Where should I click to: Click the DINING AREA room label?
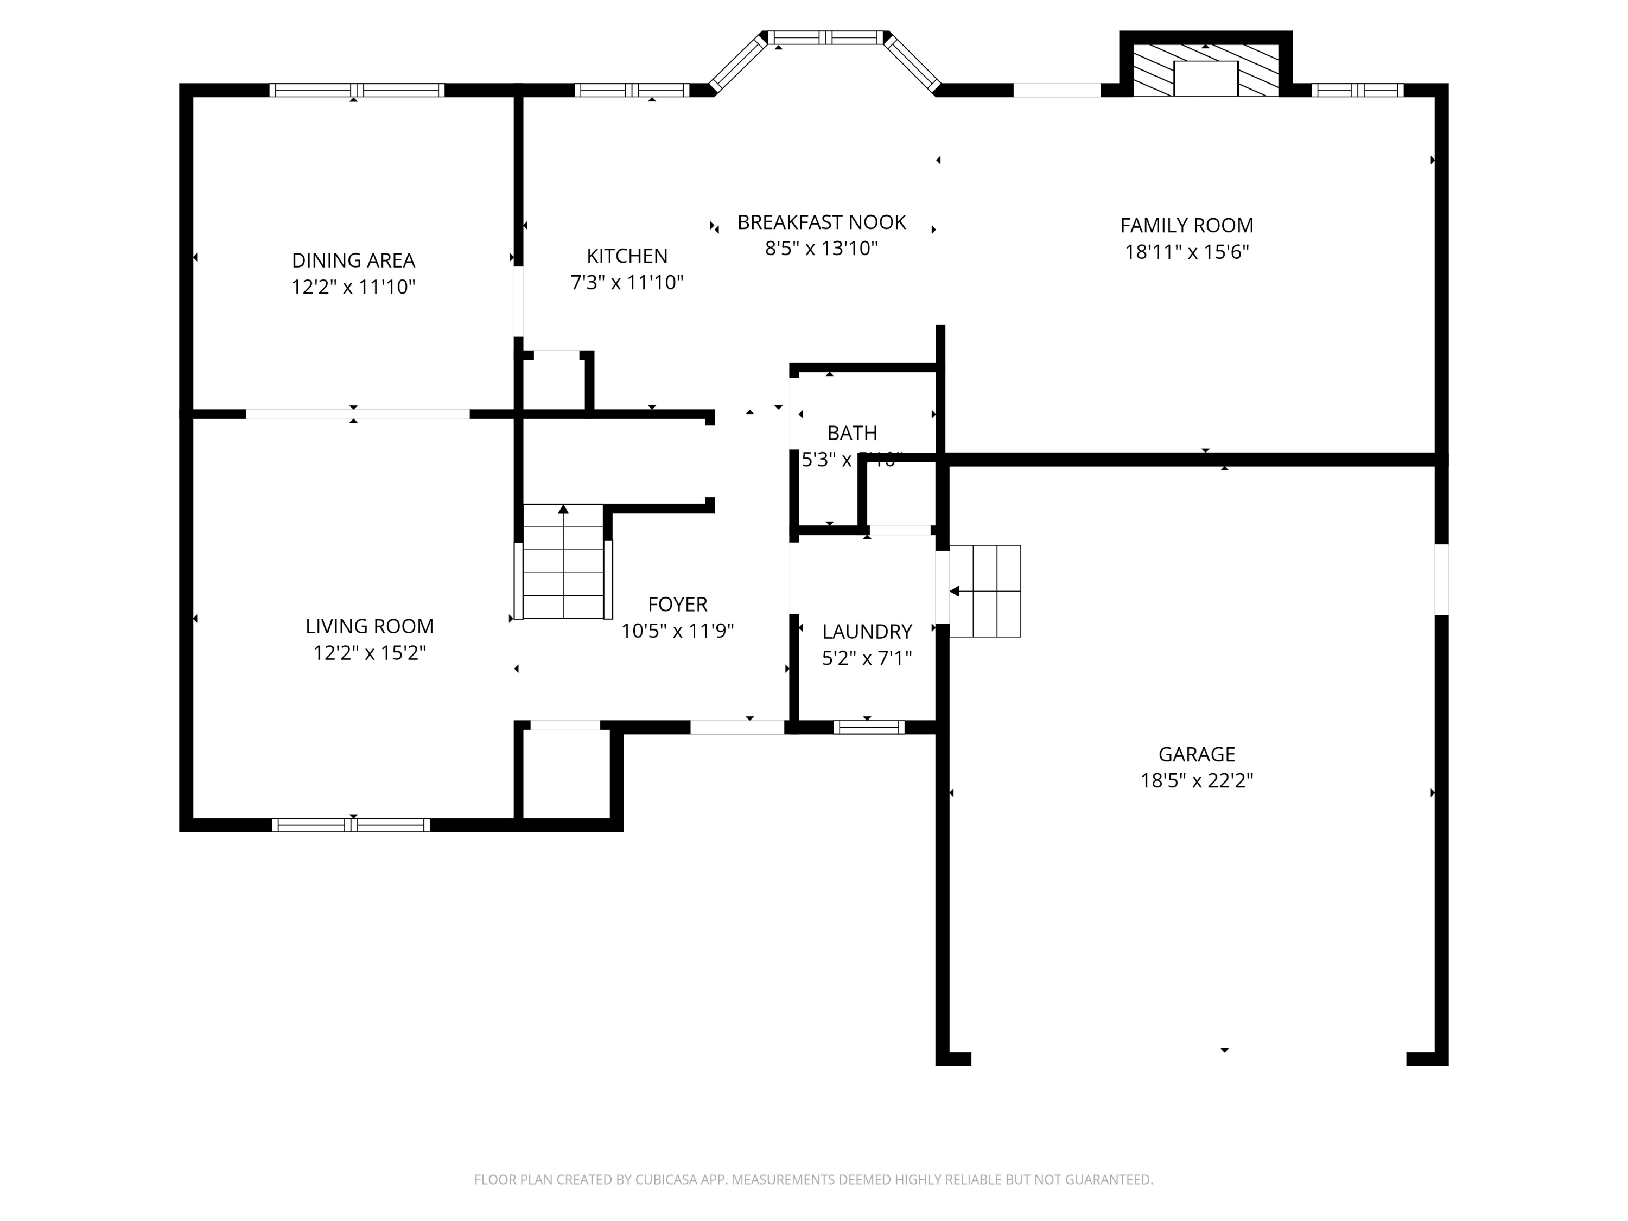coord(353,260)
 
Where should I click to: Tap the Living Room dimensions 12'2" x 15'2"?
coord(370,653)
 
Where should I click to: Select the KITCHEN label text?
coord(627,256)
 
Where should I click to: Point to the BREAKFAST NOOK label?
coord(822,222)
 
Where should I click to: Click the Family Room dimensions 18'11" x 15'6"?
coord(1186,252)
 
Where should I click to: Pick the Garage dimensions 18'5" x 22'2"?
coord(1196,780)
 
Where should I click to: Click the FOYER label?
coord(677,604)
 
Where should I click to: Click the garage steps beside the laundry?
coord(985,591)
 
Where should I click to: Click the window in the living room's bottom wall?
coord(351,825)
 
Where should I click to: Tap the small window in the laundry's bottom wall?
coord(868,727)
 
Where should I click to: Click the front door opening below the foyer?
coord(737,727)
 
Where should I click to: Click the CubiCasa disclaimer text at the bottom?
coord(813,1180)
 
